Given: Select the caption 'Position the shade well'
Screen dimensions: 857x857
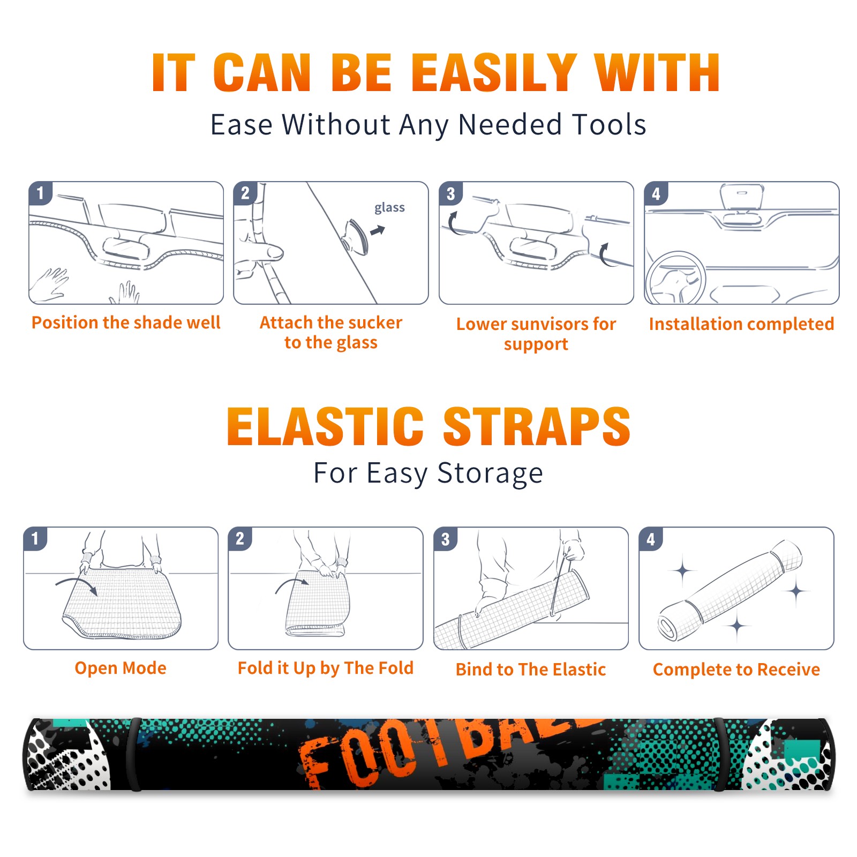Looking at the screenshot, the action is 126,323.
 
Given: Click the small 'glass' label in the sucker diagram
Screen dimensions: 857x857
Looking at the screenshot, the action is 389,208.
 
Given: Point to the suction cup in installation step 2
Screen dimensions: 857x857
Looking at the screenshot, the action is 356,236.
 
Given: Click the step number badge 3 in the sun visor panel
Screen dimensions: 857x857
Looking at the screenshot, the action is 450,193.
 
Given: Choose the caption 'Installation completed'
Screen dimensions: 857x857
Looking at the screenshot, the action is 741,324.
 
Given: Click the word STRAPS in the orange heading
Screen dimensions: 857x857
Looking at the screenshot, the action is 537,426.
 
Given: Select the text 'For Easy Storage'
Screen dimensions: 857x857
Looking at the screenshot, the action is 428,473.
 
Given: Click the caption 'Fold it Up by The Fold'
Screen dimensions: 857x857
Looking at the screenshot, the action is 326,668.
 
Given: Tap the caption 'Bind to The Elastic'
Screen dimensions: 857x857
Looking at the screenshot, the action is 531,670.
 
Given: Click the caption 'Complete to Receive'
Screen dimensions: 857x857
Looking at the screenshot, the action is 736,670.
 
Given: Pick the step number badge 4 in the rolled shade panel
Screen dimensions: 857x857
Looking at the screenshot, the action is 651,539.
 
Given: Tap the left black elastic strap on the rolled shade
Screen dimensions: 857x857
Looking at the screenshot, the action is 134,754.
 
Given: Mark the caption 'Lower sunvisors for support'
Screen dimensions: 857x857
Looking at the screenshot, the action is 536,334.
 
